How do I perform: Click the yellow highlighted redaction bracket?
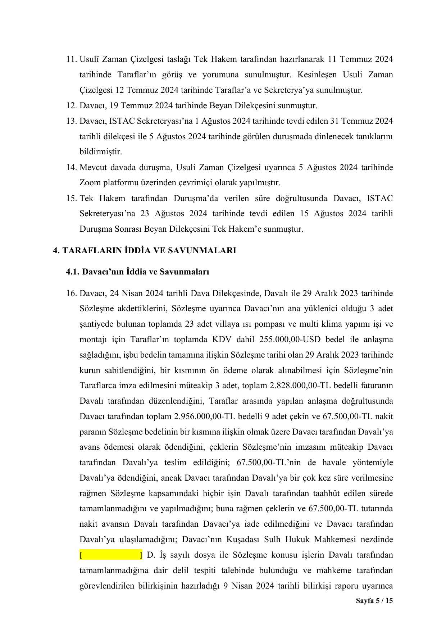[111, 555]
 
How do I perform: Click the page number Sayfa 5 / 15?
[374, 601]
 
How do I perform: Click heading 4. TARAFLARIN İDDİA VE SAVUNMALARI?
[145, 250]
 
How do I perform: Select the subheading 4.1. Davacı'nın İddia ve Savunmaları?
[137, 272]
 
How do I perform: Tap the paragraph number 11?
[71, 59]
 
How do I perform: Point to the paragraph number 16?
[71, 293]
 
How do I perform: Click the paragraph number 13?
[71, 121]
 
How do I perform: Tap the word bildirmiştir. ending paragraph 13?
[101, 152]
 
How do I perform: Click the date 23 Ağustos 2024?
[174, 214]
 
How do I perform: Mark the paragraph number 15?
[71, 198]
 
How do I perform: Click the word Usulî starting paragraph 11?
[90, 59]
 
